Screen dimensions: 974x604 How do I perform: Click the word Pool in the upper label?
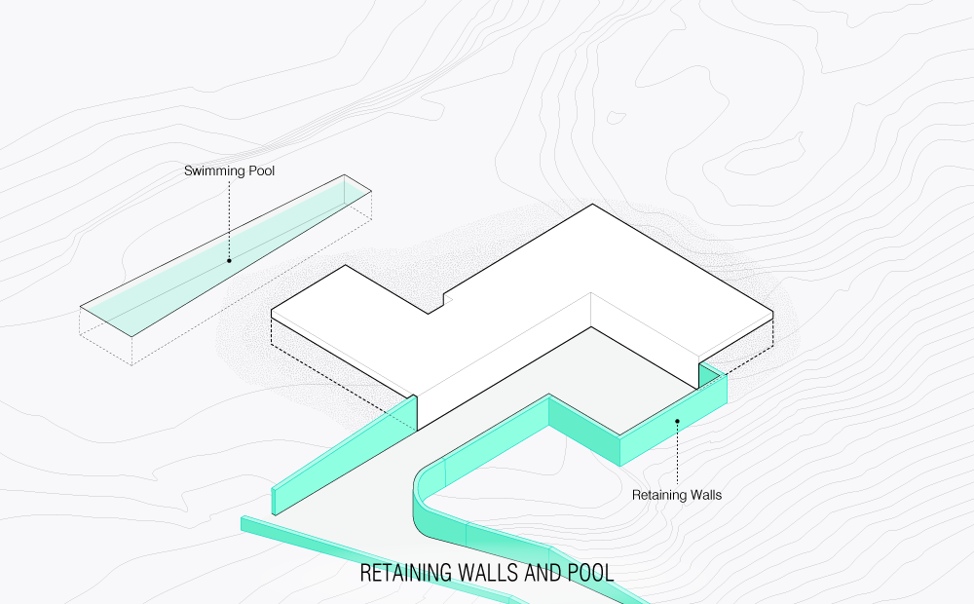point(261,171)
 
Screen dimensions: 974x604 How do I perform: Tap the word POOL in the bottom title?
point(591,573)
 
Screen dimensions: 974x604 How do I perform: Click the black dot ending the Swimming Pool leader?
point(229,260)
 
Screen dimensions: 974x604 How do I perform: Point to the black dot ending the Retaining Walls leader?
point(677,421)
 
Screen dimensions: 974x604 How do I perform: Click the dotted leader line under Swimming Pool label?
point(229,219)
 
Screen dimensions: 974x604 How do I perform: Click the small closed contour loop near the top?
point(617,118)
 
